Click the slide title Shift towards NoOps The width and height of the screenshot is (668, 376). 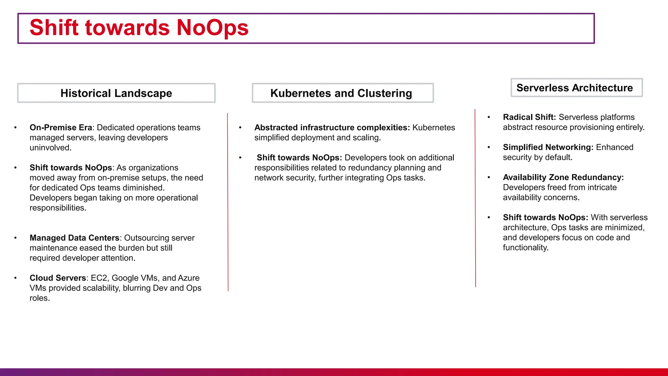point(139,27)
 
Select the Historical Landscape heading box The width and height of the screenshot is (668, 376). point(116,93)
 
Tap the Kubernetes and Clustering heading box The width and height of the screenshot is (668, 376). point(342,93)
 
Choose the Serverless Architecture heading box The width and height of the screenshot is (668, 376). point(576,87)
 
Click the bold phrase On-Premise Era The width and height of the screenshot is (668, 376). point(61,128)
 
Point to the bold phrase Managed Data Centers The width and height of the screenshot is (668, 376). point(74,238)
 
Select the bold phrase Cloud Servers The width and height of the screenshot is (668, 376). point(58,278)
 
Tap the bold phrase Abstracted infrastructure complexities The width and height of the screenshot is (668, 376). point(332,128)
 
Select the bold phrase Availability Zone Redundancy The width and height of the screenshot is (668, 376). point(563,177)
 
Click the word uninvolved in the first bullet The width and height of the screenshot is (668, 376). point(50,148)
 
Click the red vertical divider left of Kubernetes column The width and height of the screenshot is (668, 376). point(228,202)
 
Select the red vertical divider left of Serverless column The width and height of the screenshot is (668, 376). point(475,199)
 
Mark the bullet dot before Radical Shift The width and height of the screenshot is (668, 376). point(489,117)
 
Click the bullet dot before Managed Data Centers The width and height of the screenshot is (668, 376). point(15,238)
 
